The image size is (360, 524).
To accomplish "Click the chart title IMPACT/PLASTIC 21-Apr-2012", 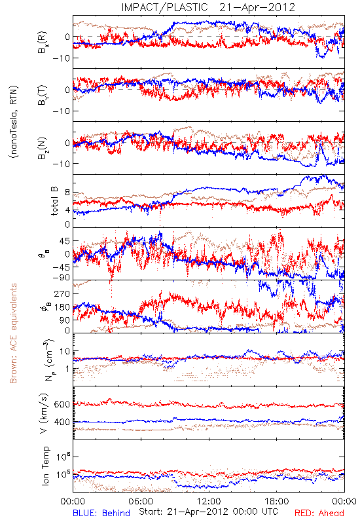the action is coord(208,7).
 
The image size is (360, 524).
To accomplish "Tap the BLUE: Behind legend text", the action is coord(101,513).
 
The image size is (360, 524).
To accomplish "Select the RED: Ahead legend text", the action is coord(319,513).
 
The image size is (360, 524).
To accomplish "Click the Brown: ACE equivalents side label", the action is coord(13,333).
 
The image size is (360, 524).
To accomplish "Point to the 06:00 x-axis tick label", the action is coord(141,501).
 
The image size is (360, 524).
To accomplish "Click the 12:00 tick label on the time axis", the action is coord(209,501).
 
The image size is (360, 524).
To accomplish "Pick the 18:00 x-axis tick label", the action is coord(277,501).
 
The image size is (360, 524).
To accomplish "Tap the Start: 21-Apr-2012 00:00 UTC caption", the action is coord(208,512).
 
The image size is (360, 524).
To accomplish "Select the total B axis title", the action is coord(54,201).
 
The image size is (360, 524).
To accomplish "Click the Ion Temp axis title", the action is coord(45,466).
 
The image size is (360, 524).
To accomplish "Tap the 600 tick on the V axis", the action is coord(62,404).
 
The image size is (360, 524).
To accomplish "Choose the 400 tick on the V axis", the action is coord(62,422).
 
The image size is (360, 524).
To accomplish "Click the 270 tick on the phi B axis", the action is coord(62,293).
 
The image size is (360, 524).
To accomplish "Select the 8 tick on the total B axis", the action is coord(67,193).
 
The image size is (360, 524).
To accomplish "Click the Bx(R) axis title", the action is coord(43,43).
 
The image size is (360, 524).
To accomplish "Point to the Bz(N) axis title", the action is coord(43,148).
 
